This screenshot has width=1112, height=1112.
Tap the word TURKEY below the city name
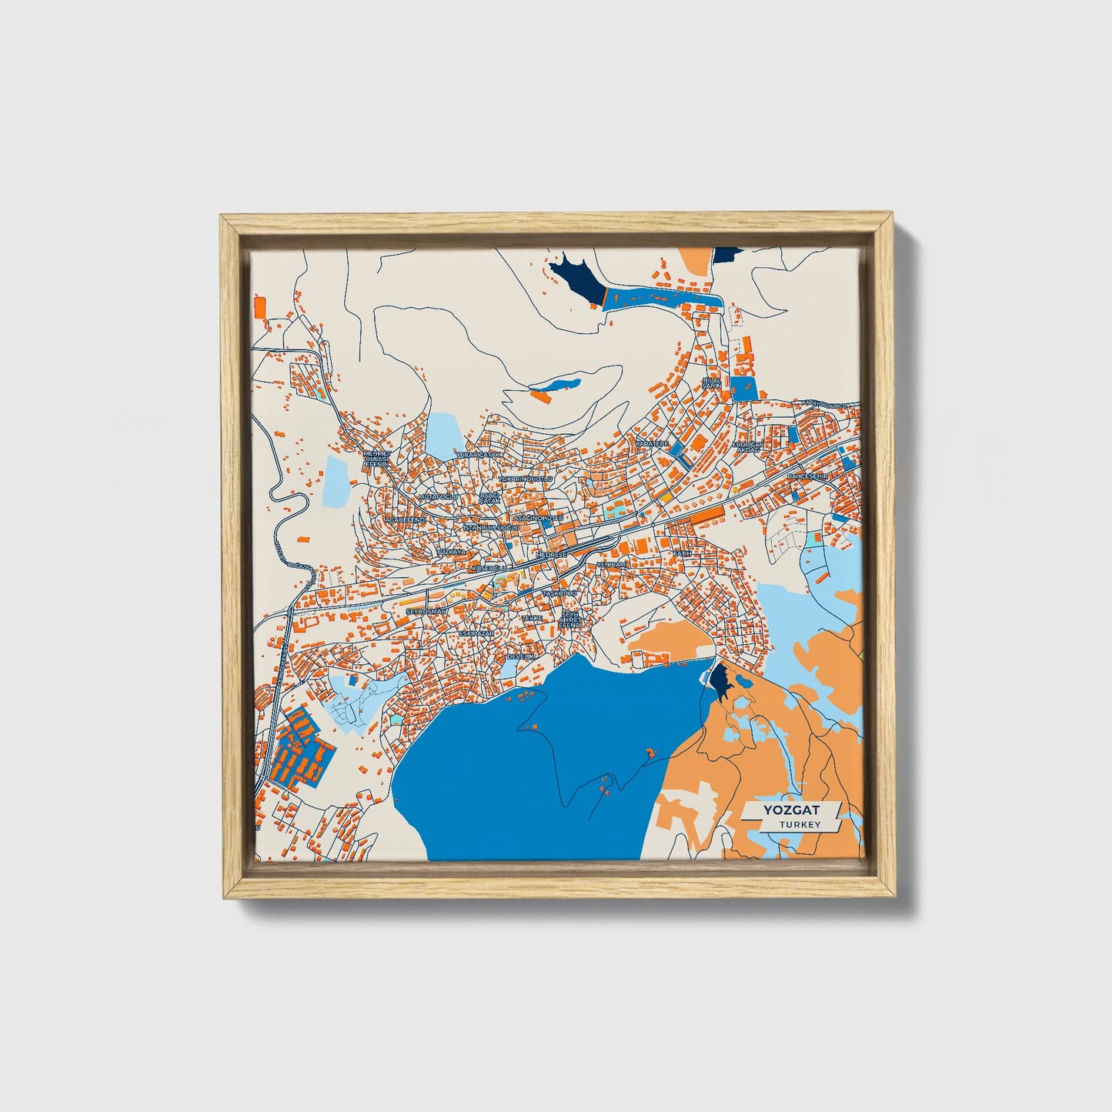tap(799, 825)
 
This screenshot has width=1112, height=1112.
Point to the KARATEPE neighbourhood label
tap(652, 444)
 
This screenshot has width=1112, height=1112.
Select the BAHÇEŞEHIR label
tap(806, 477)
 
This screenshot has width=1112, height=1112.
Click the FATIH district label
tap(683, 553)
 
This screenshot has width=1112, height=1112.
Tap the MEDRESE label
tap(550, 555)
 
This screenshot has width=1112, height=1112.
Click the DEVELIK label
tap(520, 656)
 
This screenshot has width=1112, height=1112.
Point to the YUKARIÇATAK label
tap(479, 456)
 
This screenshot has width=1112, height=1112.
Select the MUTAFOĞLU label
tap(437, 497)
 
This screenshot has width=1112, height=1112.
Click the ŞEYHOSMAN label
tap(426, 610)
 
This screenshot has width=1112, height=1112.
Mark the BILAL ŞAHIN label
tap(712, 382)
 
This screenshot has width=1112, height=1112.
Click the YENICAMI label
tap(612, 564)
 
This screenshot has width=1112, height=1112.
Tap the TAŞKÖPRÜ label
tap(559, 594)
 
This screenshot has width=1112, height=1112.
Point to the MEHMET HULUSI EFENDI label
tap(377, 459)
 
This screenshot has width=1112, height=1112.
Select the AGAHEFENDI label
tap(405, 519)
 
